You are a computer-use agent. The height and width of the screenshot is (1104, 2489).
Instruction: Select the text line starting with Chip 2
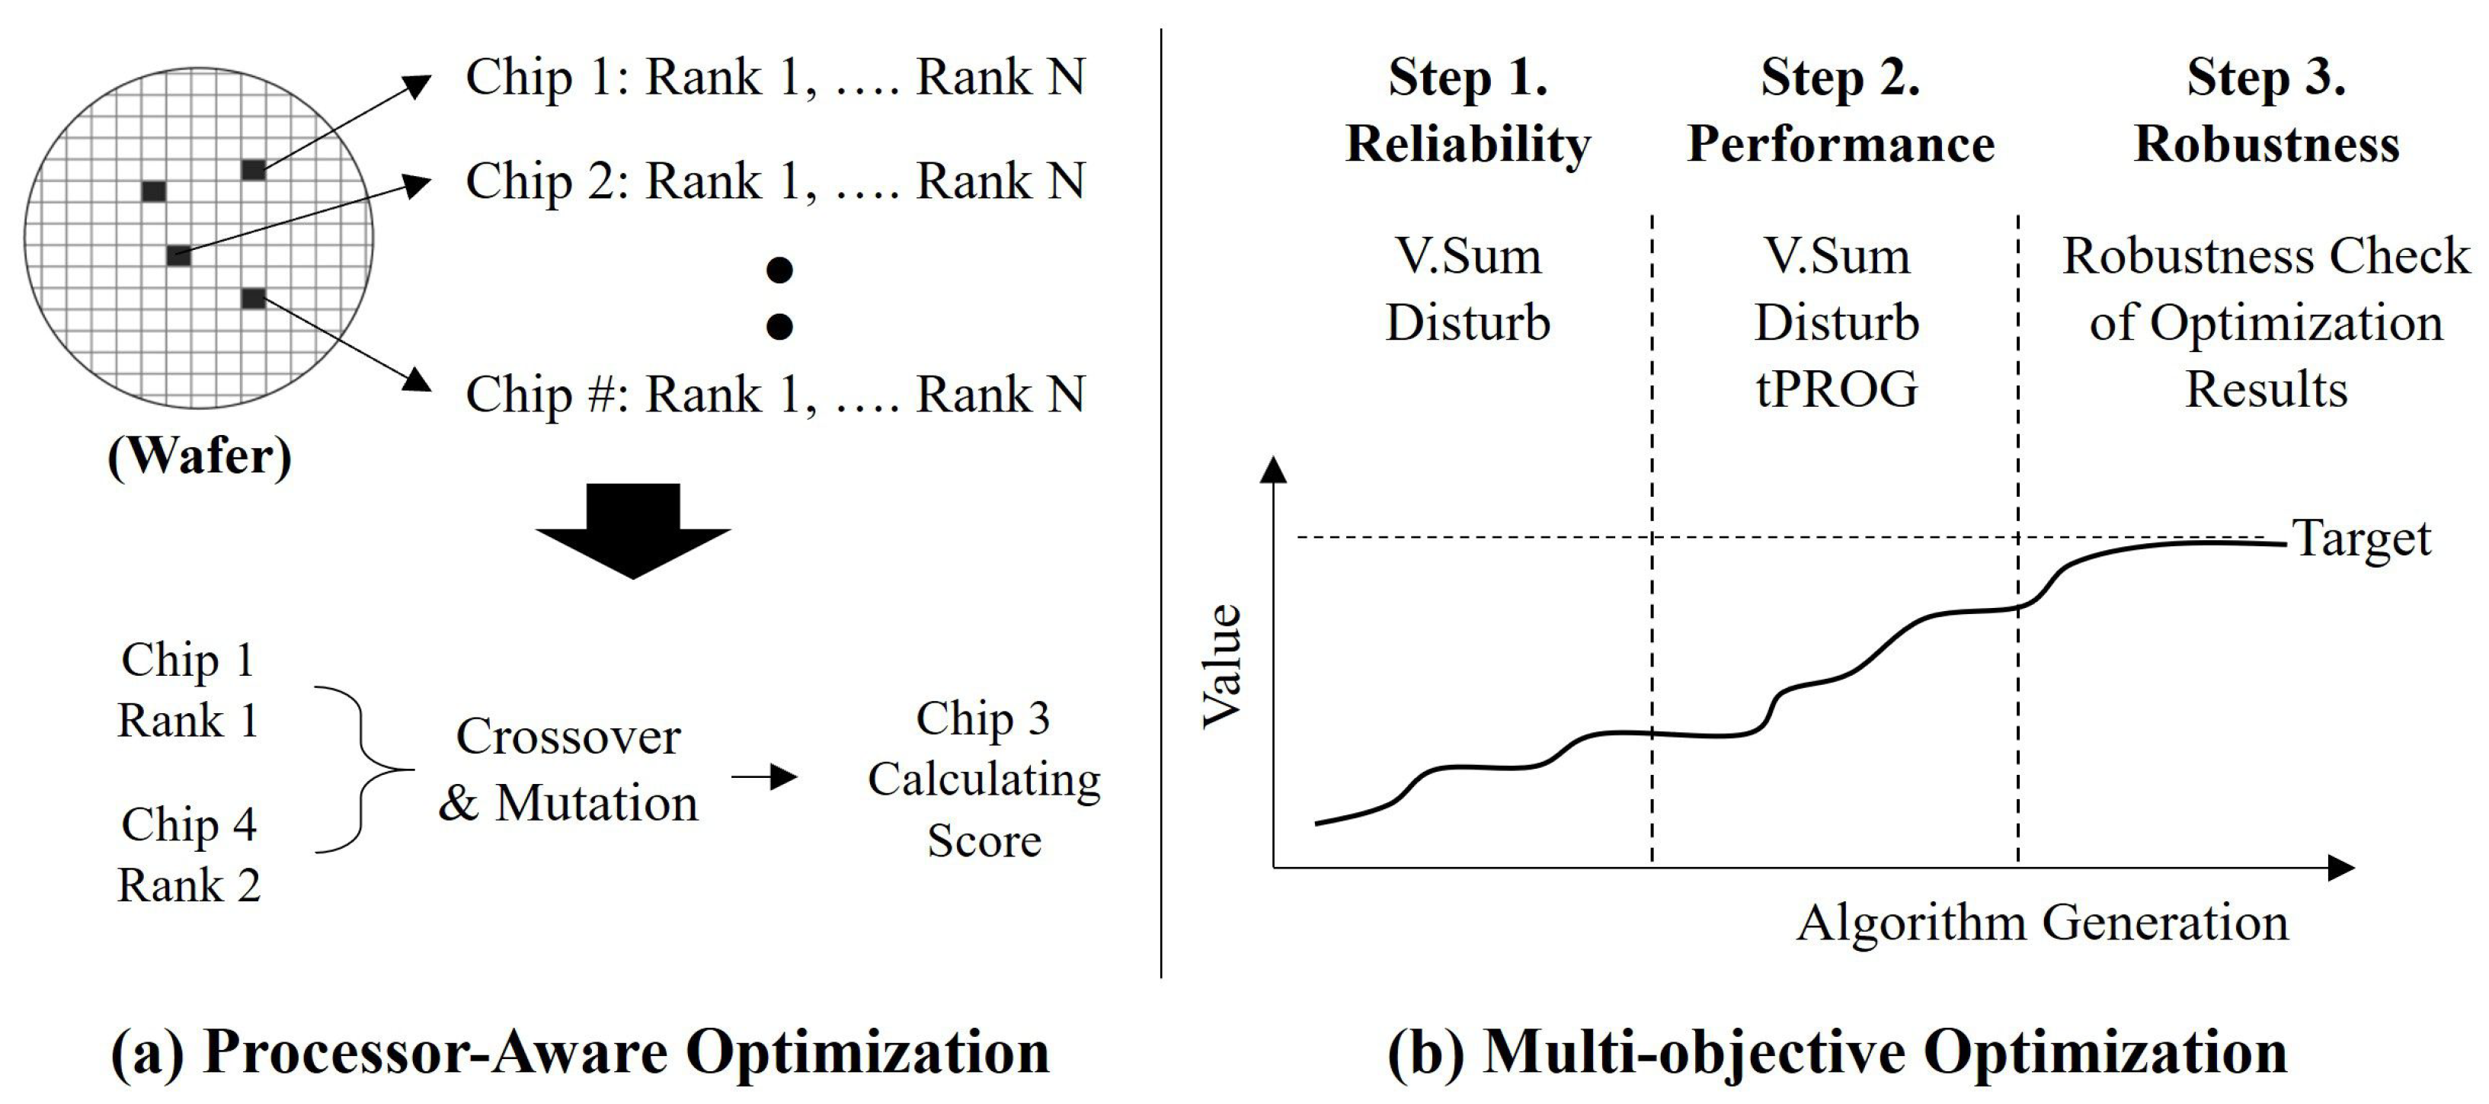775,181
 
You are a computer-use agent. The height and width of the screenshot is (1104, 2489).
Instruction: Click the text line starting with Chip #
775,394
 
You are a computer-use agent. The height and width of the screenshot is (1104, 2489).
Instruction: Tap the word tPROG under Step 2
1837,389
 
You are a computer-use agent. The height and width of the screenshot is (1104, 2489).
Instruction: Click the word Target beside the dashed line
2362,539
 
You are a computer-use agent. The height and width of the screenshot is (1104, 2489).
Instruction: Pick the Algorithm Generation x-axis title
2043,923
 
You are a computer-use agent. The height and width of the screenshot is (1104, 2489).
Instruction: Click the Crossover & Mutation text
568,770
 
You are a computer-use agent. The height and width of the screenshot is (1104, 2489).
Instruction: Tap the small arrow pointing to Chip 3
764,776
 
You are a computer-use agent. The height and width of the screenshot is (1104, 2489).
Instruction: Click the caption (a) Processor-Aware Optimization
580,1052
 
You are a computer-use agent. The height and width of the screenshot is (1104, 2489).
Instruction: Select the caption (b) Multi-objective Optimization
1837,1052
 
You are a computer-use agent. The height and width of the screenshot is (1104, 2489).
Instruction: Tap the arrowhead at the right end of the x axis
2341,867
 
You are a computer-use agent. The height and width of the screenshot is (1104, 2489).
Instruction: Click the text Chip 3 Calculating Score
984,779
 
